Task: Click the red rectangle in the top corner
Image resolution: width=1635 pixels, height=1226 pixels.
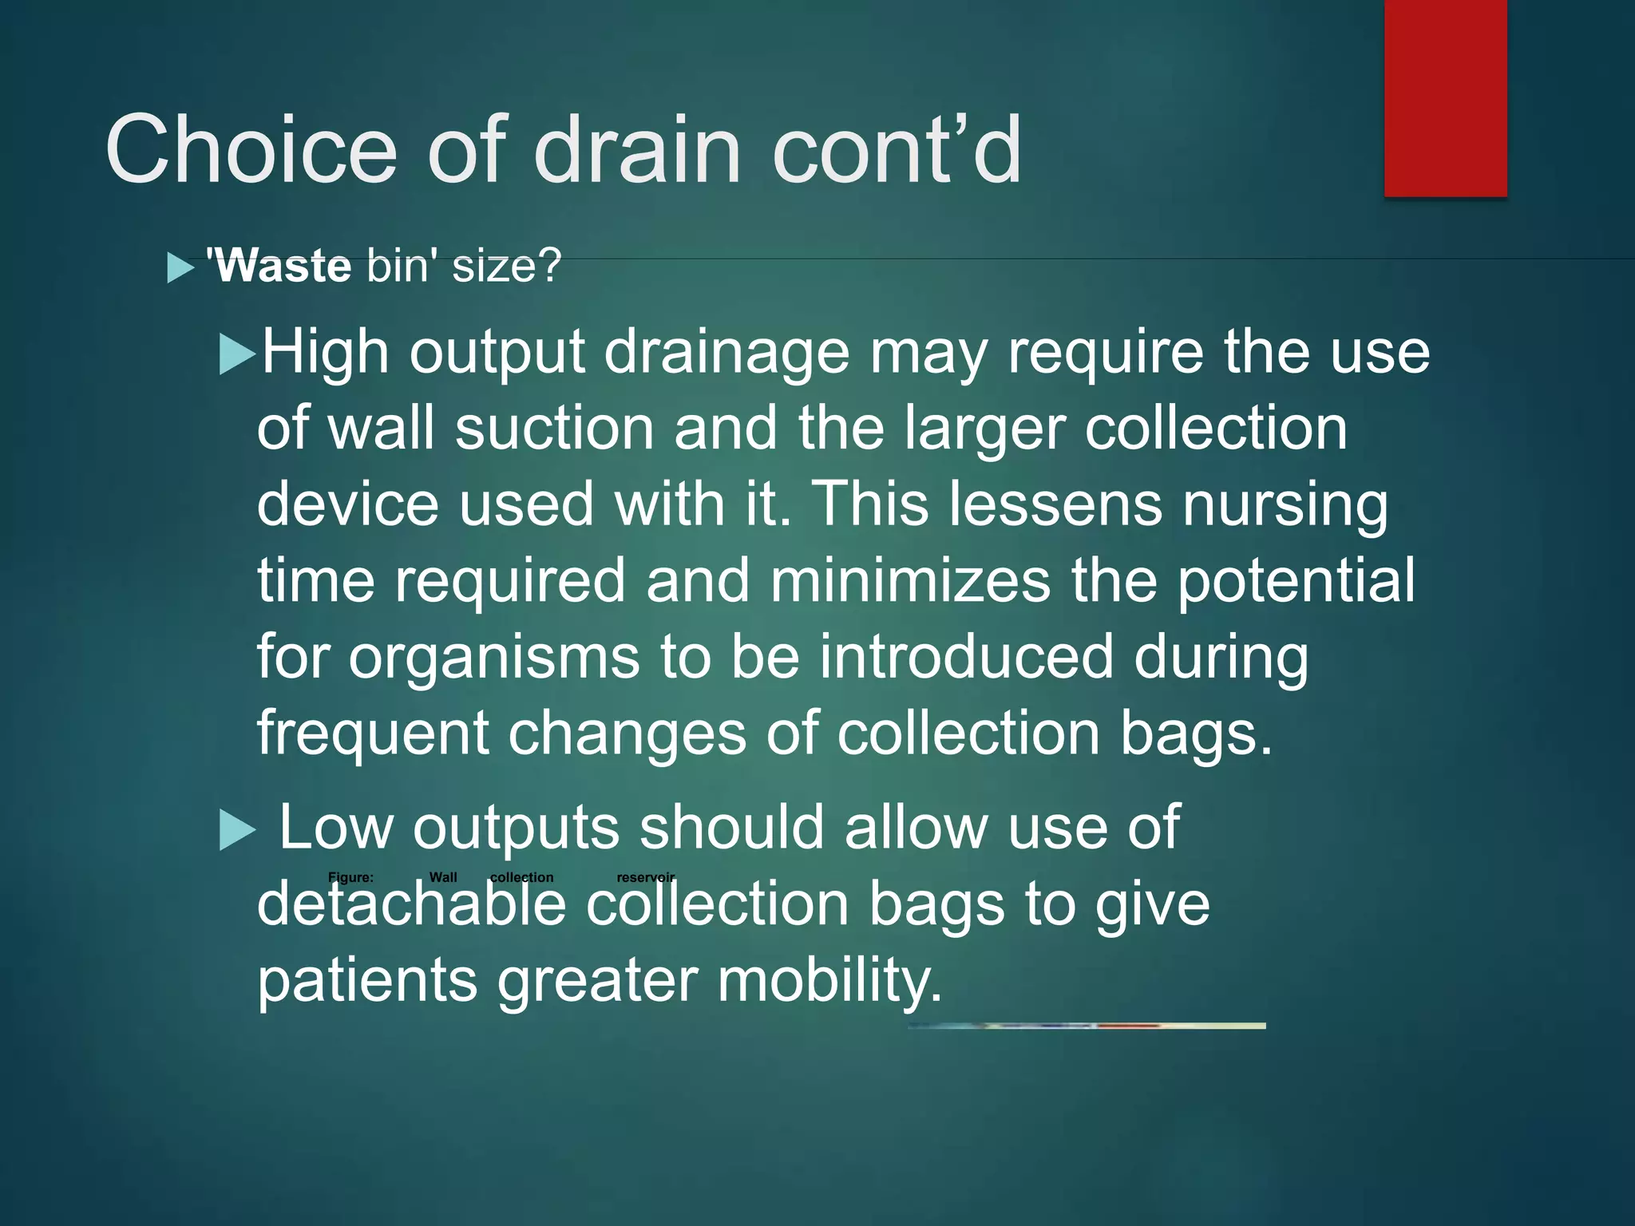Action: pos(1445,97)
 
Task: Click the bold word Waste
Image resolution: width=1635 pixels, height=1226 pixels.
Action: pos(279,266)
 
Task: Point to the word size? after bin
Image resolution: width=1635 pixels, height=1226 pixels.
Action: pos(507,266)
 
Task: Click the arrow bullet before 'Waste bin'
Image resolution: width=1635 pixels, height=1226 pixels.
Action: pos(180,268)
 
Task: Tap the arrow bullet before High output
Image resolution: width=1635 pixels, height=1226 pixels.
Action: pos(237,354)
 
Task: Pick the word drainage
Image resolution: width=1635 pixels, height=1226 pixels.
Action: pos(726,353)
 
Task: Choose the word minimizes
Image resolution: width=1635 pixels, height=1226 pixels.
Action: pos(910,581)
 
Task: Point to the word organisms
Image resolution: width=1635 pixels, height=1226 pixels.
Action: pos(494,658)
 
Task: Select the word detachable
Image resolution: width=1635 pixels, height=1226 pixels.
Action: pos(411,905)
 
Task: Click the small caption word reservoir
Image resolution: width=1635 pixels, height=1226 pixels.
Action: pos(645,877)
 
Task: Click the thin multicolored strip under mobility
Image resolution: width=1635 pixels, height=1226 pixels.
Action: pos(1087,1026)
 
